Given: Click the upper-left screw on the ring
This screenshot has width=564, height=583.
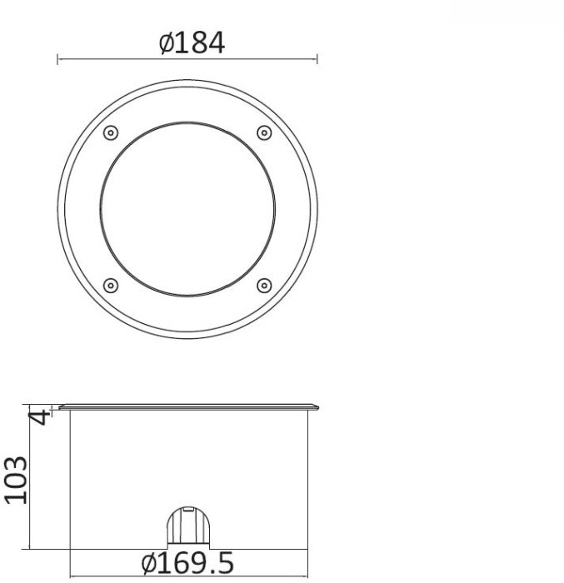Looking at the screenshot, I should coord(111,133).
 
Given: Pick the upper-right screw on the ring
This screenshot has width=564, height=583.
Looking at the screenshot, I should coord(264,133).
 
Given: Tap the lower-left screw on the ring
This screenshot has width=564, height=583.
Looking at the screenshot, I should coord(111,286).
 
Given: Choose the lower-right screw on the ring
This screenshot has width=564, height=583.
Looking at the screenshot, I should coord(264,286).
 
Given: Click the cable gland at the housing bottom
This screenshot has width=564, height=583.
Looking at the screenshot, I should coord(187,527).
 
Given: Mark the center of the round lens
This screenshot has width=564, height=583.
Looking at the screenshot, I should coord(187,209).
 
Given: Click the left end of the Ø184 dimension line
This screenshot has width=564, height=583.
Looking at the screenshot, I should coord(57,58).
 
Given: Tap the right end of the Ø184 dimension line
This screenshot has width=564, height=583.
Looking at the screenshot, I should coord(317,58).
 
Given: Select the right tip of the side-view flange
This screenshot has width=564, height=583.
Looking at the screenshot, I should coord(317,407).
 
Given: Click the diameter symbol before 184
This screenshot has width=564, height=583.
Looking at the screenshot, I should coord(166,43).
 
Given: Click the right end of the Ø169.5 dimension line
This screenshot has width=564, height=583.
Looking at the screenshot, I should coord(307,576).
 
